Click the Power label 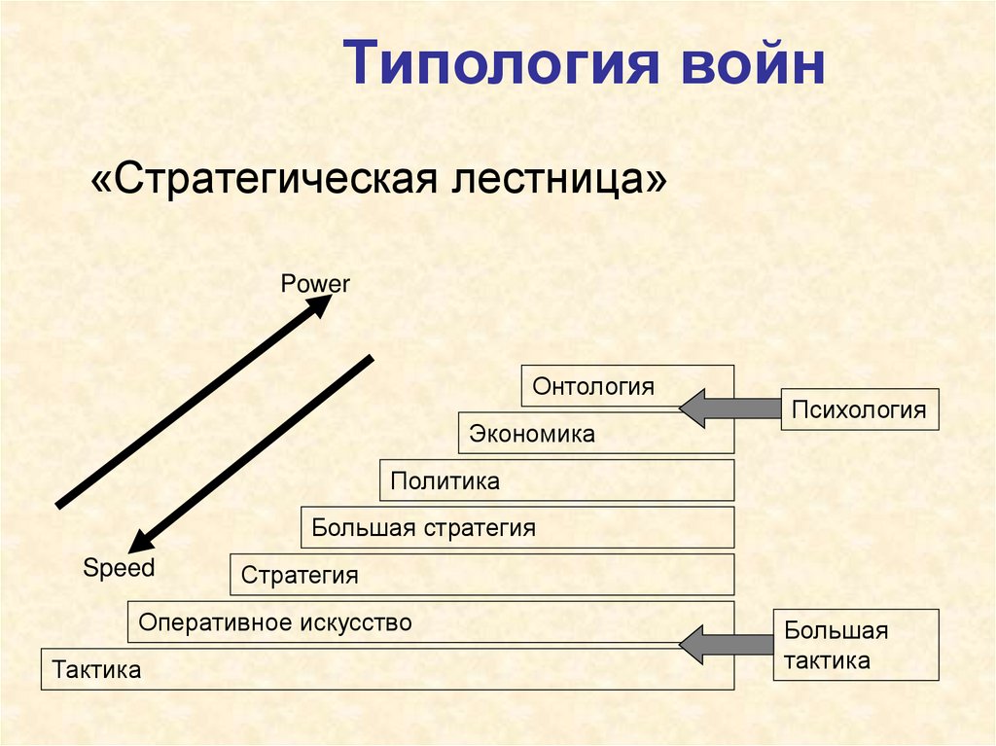(314, 284)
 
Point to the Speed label (119, 568)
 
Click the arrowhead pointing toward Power (320, 305)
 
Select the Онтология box (627, 386)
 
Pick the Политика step (556, 480)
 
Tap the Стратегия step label (300, 575)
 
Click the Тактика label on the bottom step (97, 669)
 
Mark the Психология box (859, 409)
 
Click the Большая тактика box (856, 645)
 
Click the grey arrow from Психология (729, 409)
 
